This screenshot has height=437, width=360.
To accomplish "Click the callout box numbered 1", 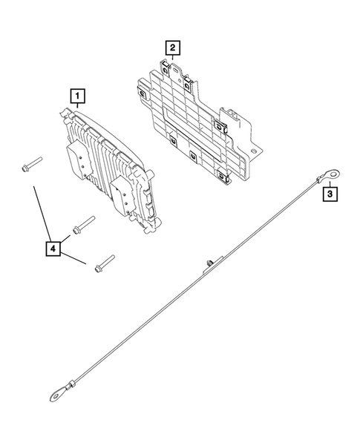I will pos(77,95).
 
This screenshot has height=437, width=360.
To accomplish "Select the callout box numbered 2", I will pos(171,49).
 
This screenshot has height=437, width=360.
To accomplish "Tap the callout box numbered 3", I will pos(330,195).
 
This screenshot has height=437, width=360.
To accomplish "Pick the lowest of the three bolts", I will pos(103,263).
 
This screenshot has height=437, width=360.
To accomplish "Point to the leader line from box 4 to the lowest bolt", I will pos(75,257).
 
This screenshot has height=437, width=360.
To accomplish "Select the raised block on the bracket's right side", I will pos(233,119).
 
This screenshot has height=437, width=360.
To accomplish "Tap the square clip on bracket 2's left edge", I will pos(139,93).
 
